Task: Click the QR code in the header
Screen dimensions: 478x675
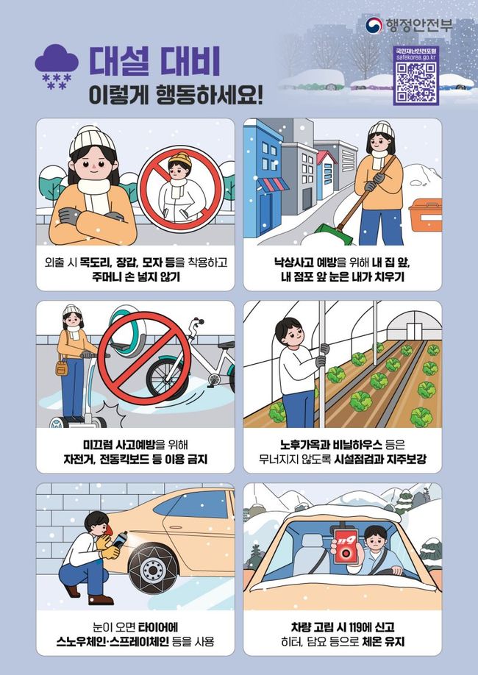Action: pyautogui.click(x=416, y=80)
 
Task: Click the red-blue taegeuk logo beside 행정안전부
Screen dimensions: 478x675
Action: pyautogui.click(x=374, y=26)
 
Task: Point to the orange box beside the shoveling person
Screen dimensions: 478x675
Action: pyautogui.click(x=425, y=215)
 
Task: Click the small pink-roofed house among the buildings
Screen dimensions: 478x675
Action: pyautogui.click(x=327, y=174)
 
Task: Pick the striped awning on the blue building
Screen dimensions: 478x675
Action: pyautogui.click(x=273, y=185)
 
